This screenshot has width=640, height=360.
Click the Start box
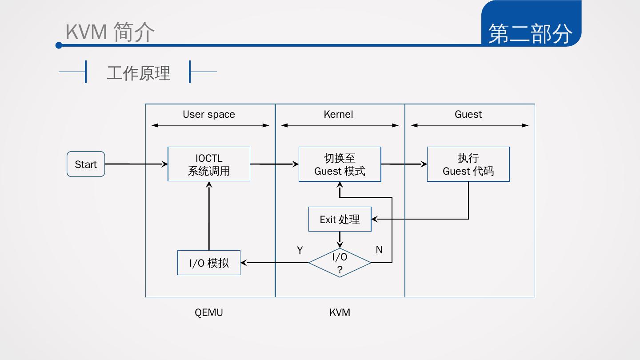86,164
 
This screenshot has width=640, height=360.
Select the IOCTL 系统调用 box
209,164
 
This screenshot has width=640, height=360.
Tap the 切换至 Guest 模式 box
340,164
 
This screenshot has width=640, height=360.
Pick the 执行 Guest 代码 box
468,164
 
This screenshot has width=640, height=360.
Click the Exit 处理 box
340,219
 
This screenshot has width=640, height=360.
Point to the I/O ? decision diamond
340,263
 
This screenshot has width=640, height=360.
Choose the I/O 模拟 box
209,263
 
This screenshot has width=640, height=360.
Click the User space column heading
209,114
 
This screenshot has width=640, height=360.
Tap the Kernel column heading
338,114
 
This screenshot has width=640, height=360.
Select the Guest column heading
468,114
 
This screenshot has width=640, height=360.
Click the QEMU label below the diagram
209,312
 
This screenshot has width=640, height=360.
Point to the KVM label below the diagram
340,312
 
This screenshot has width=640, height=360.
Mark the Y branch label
300,250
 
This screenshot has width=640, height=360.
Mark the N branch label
379,250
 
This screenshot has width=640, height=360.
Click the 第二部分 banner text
530,34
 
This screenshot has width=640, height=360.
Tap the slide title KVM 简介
110,32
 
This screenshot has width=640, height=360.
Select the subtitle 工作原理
139,73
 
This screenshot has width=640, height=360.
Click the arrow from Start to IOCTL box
136,164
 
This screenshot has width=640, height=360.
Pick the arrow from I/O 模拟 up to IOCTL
209,216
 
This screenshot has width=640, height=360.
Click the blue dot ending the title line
59,45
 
